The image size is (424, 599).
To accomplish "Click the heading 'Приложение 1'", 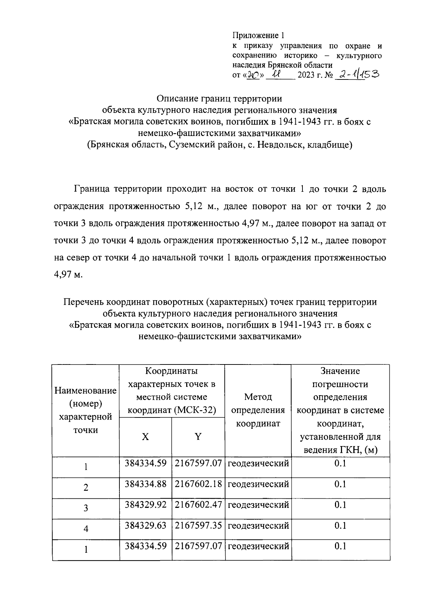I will [258, 35].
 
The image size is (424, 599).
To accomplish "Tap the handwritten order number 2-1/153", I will [357, 74].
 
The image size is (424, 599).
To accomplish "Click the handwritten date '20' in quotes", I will [253, 75].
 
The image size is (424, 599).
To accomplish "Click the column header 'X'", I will [145, 437].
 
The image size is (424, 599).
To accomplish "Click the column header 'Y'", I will [198, 437].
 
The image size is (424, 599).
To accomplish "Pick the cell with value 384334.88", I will [145, 484].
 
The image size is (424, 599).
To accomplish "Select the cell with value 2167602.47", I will [198, 504].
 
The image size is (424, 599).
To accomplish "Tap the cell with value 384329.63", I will [145, 525].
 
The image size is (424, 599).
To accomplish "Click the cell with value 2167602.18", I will [198, 484].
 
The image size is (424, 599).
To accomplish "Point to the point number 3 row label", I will [86, 508].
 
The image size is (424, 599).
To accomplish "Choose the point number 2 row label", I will [86, 488].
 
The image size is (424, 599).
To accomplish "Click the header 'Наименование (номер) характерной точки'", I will [86, 410].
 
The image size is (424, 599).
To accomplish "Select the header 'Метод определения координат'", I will [258, 410].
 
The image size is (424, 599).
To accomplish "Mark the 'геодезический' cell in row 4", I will [258, 525].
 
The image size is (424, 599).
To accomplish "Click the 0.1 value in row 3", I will [340, 504].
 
